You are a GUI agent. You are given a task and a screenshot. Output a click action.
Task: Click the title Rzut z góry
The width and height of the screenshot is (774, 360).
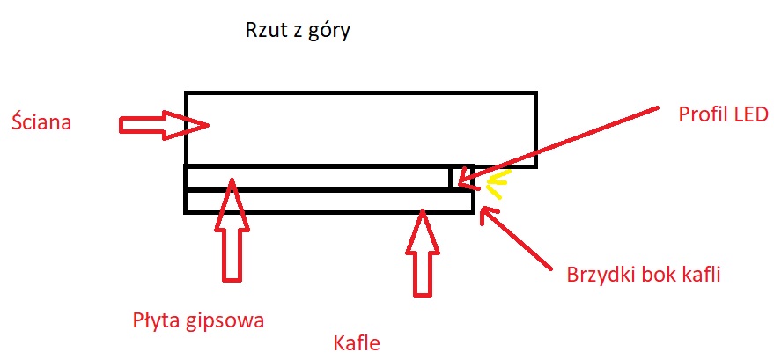click(299, 33)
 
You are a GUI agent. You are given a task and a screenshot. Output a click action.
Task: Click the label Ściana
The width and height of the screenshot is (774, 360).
click(41, 122)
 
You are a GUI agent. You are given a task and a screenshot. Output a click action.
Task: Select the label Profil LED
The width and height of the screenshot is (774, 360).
click(724, 114)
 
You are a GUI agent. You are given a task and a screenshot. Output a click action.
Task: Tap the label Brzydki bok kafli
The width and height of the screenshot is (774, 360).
click(645, 274)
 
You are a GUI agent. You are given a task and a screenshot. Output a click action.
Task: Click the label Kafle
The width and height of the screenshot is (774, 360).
click(357, 342)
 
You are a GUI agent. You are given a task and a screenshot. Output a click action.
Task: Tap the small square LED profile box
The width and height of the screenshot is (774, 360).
click(462, 177)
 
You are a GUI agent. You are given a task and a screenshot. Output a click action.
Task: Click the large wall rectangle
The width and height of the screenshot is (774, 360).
click(360, 129)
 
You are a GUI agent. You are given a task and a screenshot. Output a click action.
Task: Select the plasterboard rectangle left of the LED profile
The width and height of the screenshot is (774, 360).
click(317, 178)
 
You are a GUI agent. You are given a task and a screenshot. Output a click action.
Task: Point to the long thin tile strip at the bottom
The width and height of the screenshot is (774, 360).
click(329, 202)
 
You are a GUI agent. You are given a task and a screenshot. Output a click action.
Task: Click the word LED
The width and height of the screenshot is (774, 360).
click(749, 114)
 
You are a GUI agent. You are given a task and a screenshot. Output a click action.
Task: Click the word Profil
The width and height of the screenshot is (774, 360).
click(702, 114)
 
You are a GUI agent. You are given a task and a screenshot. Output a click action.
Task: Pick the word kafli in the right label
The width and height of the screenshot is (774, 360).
click(701, 274)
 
